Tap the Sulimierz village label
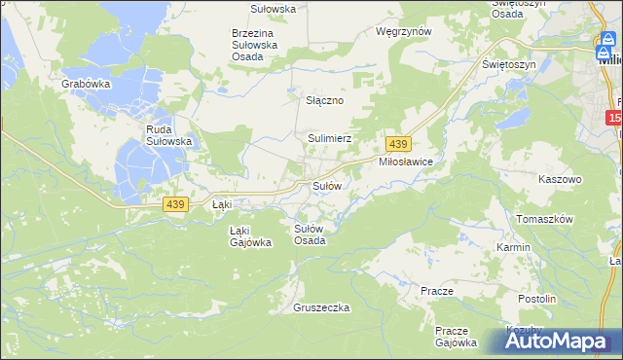330,139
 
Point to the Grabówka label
85,85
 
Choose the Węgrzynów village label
403,31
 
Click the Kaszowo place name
560,180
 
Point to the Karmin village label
513,247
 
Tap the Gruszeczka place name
321,307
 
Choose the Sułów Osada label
310,234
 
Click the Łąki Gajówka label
249,236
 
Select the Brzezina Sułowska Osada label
255,45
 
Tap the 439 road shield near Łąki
176,203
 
